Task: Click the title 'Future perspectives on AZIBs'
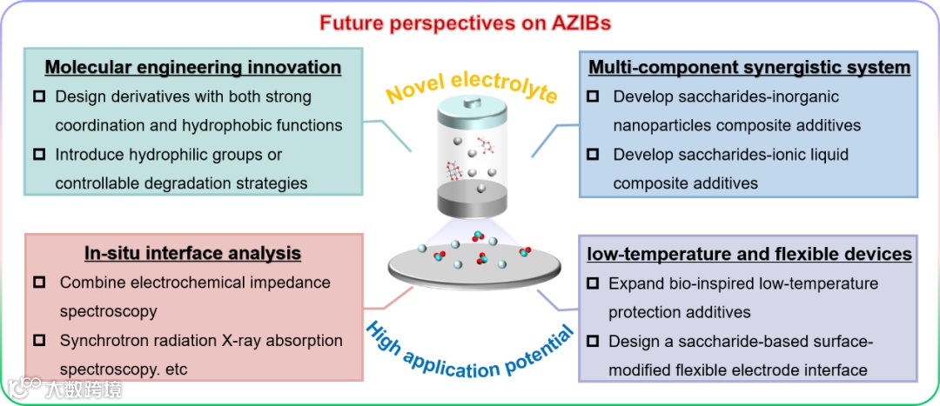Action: pos(469,22)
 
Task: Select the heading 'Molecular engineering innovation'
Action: pos(193,67)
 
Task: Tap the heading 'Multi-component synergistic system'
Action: pos(749,67)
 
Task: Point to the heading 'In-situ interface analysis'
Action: pos(192,253)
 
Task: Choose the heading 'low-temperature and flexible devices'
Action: pos(749,254)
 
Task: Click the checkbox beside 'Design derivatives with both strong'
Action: pos(38,97)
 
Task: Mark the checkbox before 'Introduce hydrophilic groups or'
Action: pos(38,155)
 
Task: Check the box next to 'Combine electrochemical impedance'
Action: pos(38,283)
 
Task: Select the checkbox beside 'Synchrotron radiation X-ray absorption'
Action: pos(38,341)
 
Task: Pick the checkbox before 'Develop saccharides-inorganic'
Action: pos(593,97)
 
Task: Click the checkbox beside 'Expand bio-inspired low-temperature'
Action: pos(593,283)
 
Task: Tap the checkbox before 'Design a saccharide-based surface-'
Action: pos(593,341)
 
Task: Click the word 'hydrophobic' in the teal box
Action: pos(222,125)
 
